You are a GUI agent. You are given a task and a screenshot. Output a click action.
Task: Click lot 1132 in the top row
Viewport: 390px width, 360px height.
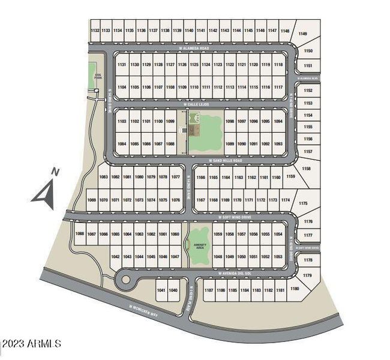coord(95,30)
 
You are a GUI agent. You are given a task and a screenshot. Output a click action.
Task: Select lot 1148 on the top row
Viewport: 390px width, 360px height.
coord(285,31)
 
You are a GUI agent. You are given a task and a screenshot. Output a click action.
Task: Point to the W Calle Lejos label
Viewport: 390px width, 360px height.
coord(199,103)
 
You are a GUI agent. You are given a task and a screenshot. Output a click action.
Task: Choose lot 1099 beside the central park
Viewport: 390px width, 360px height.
coord(170,122)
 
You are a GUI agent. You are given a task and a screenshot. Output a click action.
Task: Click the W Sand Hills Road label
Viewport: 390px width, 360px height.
coord(226,160)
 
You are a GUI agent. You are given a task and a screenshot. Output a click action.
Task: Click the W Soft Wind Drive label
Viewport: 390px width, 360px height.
coord(233,217)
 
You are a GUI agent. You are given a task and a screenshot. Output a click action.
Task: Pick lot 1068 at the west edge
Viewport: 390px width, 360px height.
coord(80,234)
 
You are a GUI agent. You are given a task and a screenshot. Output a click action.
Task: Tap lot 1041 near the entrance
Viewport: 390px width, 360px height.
coord(161,290)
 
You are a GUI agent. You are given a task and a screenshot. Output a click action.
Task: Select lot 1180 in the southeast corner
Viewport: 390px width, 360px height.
coord(295,289)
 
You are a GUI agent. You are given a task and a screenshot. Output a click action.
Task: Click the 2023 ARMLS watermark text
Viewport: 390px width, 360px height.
coord(31,343)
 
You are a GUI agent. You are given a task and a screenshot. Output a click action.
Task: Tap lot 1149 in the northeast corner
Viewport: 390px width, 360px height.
coord(302,34)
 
